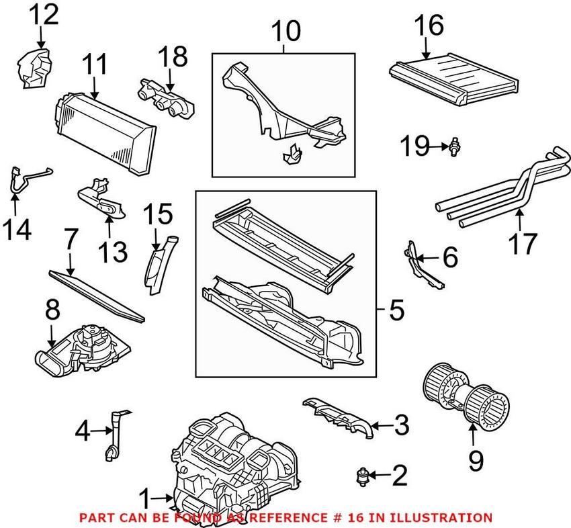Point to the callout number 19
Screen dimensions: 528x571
point(416,145)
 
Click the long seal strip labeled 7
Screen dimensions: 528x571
point(98,295)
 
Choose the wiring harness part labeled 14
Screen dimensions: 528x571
point(25,180)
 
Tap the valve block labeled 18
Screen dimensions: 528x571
point(166,99)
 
